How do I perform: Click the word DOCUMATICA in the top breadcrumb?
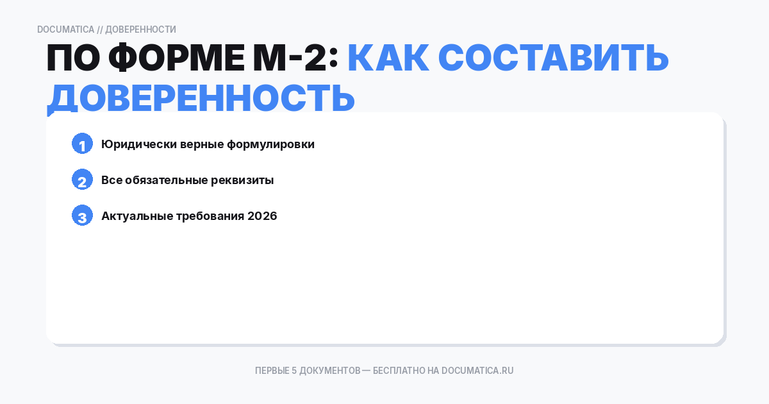(65, 29)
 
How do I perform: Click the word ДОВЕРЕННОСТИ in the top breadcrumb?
(140, 29)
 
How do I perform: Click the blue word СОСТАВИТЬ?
(554, 59)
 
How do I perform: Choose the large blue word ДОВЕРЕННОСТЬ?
(201, 97)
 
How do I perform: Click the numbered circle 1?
(82, 144)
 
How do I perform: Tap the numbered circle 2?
(82, 180)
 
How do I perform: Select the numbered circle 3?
(82, 216)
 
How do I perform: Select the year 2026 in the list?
(262, 216)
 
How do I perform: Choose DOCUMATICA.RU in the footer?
(477, 371)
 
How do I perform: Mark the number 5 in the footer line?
(294, 371)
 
